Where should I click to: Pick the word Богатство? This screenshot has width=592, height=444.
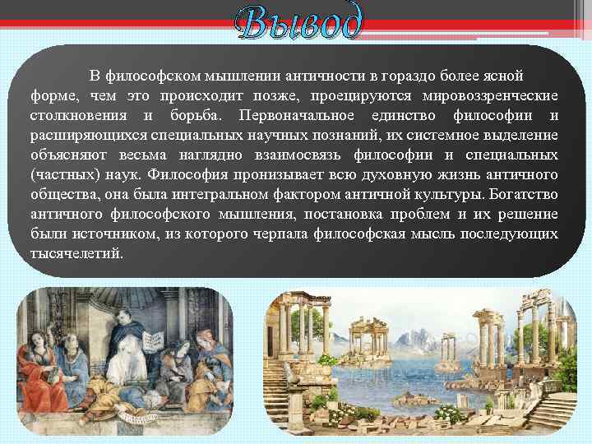[523, 195]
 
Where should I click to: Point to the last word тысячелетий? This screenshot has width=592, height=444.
[76, 254]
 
